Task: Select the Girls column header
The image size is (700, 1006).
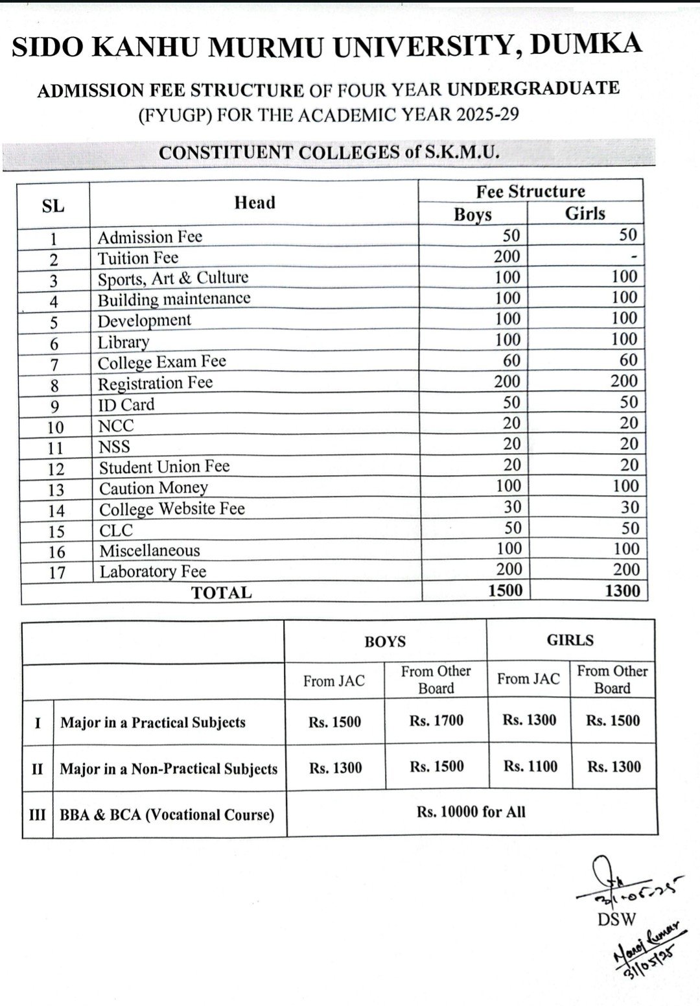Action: (x=585, y=213)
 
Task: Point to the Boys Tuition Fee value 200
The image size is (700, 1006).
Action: (x=507, y=257)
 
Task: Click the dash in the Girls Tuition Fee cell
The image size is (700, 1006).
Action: (x=634, y=257)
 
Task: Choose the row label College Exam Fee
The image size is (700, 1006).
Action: (x=161, y=362)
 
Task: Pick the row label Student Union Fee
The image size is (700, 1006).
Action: (x=164, y=467)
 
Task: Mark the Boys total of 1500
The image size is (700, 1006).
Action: (x=505, y=591)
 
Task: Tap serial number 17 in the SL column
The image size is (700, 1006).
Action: (x=57, y=572)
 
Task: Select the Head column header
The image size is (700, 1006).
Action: (x=255, y=203)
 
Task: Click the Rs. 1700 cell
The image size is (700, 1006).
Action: (x=436, y=720)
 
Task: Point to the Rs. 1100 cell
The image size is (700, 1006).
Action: (x=530, y=766)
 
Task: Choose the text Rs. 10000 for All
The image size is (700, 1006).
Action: (x=471, y=812)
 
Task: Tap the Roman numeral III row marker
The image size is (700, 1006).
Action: (x=38, y=814)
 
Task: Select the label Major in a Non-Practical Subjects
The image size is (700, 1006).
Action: (x=169, y=769)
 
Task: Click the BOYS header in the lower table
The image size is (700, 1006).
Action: (x=385, y=642)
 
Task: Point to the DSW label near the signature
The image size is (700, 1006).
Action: (x=616, y=919)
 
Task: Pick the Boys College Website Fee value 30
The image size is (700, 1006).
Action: (x=512, y=507)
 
